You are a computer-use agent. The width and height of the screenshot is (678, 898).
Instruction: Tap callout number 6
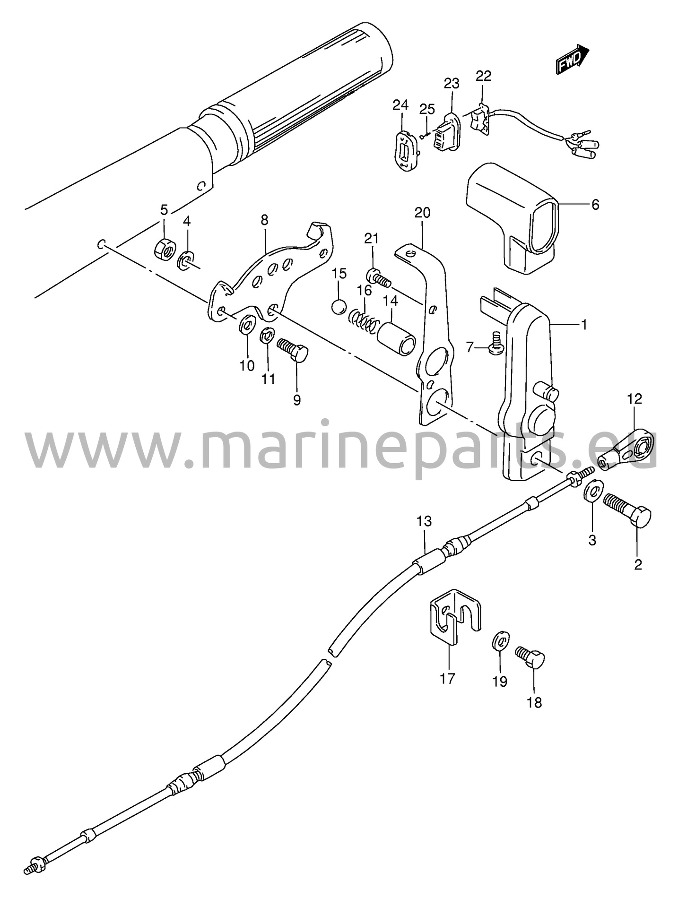click(x=595, y=205)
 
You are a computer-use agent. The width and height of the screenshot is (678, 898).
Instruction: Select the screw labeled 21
click(x=378, y=278)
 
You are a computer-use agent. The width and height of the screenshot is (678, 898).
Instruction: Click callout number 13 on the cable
click(x=424, y=521)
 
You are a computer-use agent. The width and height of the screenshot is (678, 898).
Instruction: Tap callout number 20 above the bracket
click(x=422, y=213)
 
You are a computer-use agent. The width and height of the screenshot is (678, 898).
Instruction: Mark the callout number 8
click(x=264, y=220)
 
